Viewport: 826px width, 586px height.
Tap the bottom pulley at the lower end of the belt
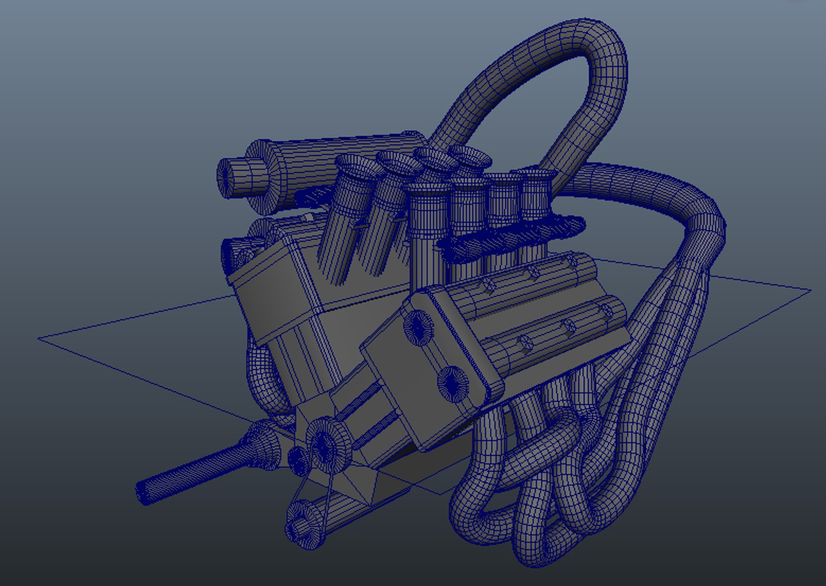(301, 521)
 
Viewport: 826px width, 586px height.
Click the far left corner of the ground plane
(39, 339)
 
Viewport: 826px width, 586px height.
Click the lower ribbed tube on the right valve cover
(548, 336)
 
